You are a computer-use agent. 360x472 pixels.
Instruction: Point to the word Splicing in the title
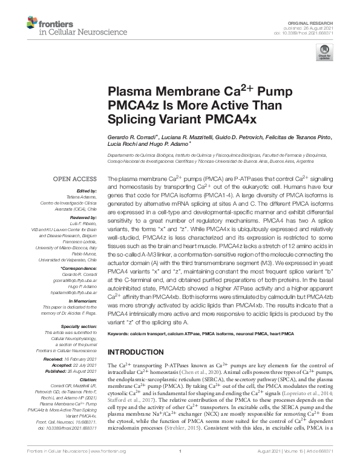click(132, 119)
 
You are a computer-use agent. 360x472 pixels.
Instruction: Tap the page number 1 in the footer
click(180, 467)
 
